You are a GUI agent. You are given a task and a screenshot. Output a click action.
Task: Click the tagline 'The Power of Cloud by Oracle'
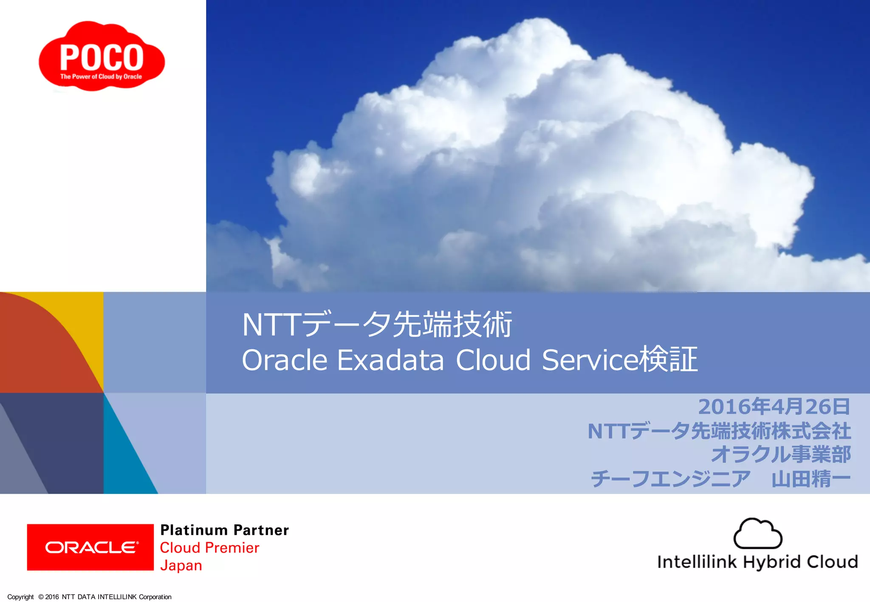101,77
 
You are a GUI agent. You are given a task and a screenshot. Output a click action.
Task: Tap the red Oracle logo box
90,547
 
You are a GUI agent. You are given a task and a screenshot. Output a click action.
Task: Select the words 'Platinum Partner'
224,530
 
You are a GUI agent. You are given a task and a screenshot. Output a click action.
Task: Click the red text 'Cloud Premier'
209,548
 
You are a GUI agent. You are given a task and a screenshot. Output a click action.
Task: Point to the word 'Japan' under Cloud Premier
181,566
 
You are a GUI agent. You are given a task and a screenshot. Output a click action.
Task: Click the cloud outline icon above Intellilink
757,534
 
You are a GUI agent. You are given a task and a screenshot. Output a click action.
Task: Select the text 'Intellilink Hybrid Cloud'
757,562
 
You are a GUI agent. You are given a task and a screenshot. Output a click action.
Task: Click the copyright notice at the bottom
89,597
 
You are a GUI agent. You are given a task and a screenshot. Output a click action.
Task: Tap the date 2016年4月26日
774,407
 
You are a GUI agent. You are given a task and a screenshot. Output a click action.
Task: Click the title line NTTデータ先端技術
377,325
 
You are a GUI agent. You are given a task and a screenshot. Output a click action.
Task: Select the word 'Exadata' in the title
390,360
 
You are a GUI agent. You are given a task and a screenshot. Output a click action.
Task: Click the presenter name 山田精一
811,479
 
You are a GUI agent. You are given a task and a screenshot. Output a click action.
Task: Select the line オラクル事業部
781,455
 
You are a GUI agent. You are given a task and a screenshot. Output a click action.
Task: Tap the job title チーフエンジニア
670,479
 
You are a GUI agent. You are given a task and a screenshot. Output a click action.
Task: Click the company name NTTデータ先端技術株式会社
719,431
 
